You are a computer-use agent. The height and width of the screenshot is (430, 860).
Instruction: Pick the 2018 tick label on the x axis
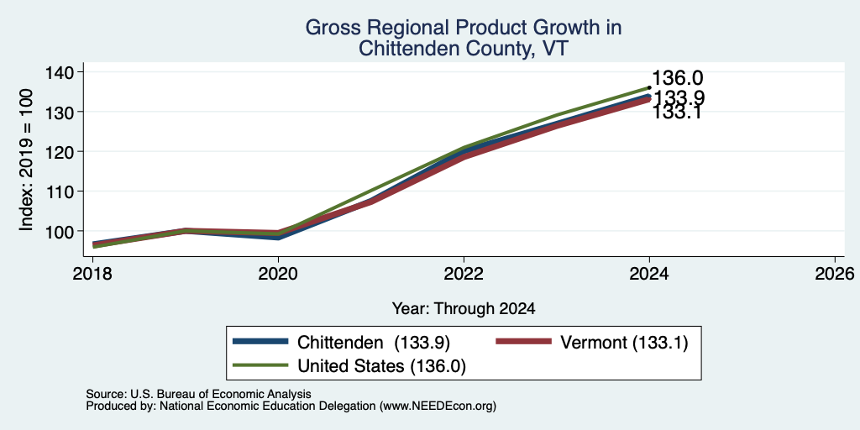(x=92, y=273)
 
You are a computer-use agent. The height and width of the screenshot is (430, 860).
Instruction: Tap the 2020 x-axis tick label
(x=278, y=273)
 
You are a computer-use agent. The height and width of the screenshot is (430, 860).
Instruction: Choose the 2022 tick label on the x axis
(x=464, y=273)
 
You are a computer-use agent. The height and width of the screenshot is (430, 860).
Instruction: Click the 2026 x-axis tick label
(x=835, y=273)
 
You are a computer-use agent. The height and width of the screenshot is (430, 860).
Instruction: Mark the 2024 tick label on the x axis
(x=649, y=273)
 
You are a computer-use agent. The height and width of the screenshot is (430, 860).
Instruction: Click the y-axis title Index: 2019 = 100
(x=26, y=160)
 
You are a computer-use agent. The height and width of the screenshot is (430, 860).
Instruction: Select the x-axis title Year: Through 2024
(x=464, y=309)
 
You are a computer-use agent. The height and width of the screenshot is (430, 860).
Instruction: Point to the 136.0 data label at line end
(x=678, y=78)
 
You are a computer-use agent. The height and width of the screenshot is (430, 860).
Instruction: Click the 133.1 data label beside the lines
(x=678, y=113)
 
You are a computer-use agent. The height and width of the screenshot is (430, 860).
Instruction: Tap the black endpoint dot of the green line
(x=649, y=87)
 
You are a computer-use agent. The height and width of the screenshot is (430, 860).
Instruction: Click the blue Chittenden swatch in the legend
(x=260, y=342)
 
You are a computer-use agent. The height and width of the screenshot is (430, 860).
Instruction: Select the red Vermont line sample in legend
(x=523, y=342)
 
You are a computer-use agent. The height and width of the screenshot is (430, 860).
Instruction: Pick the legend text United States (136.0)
(x=382, y=366)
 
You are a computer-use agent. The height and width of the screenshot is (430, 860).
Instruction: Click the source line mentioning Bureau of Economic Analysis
(x=198, y=394)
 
